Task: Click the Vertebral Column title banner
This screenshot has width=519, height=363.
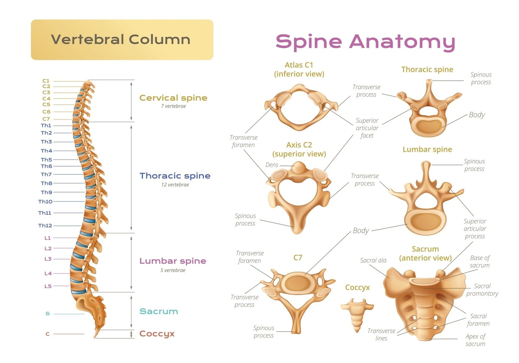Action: tap(122, 40)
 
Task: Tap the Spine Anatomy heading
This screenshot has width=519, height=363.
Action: tap(365, 42)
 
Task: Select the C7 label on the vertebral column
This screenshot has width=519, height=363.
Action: tap(46, 119)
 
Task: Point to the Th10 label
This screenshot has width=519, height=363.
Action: tap(45, 202)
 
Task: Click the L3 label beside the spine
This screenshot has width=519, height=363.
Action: tap(48, 259)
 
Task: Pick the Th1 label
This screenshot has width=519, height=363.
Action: tap(46, 125)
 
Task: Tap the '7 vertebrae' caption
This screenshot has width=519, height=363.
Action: tap(173, 106)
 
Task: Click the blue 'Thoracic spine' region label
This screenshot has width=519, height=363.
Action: tap(175, 176)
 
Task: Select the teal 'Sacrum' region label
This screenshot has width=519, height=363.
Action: tap(159, 311)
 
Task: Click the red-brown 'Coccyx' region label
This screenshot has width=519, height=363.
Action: tap(157, 334)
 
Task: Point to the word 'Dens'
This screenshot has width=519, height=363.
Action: tap(272, 165)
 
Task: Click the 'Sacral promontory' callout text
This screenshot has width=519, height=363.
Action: tap(482, 290)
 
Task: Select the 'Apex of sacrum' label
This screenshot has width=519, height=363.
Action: tap(476, 340)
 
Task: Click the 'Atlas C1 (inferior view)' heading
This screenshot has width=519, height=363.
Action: tap(299, 69)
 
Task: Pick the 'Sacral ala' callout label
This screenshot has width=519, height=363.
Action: tap(373, 260)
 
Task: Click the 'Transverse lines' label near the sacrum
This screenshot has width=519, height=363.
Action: tap(381, 334)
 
